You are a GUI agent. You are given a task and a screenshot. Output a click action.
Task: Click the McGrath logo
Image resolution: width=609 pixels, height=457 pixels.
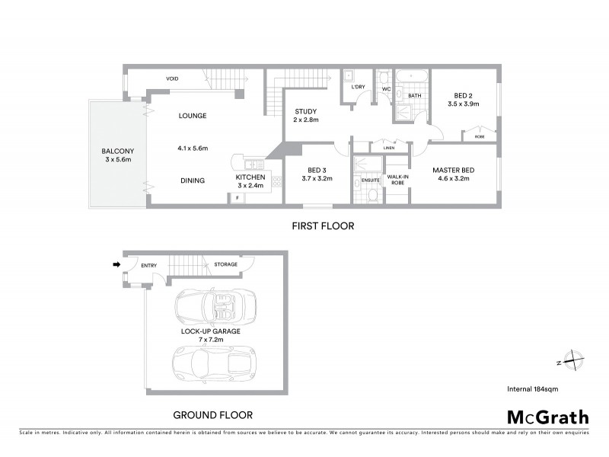click(547, 417)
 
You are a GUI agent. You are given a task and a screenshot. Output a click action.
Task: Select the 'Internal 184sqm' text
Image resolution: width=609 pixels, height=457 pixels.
click(532, 389)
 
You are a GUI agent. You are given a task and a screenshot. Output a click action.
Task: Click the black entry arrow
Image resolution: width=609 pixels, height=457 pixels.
click(116, 265)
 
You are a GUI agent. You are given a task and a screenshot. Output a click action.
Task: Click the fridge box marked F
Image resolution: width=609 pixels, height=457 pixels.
click(237, 198)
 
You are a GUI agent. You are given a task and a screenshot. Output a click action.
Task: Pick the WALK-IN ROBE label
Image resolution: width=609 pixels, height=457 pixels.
click(397, 181)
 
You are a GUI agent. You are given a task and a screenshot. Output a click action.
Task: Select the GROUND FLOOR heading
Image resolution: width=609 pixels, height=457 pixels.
click(212, 415)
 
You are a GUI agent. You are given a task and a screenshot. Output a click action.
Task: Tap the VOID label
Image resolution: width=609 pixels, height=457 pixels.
click(173, 78)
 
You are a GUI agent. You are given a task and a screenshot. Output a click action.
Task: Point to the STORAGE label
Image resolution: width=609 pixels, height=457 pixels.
click(225, 264)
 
